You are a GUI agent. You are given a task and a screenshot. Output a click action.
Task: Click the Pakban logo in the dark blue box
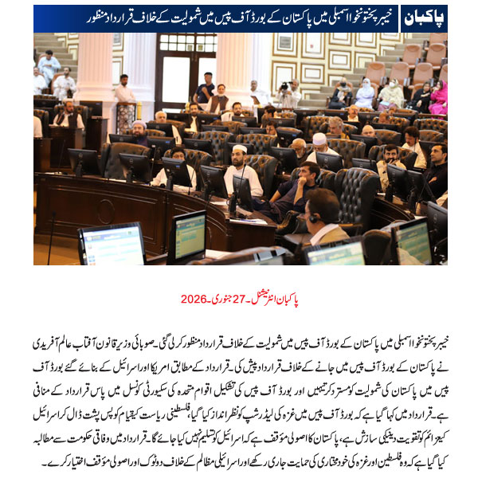click(423, 18)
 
